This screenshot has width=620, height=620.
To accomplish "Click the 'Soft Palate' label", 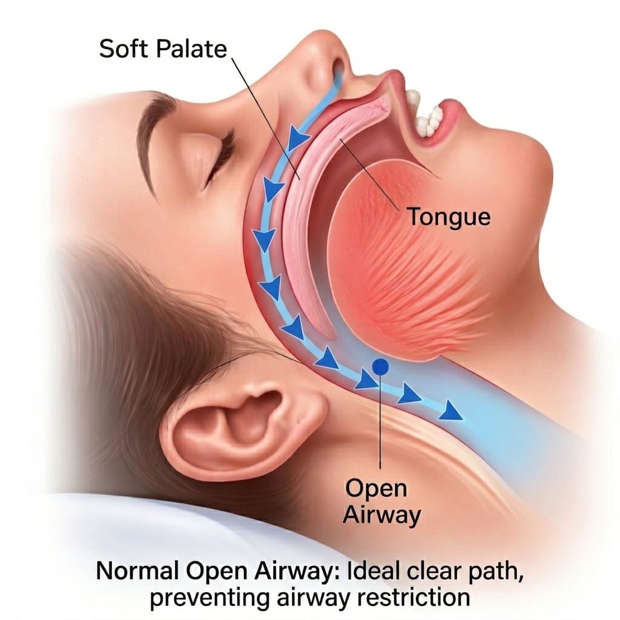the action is tap(163, 49).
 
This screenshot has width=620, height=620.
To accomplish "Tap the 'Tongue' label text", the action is tap(449, 217).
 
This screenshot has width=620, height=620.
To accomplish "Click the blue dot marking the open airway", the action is tap(380, 367).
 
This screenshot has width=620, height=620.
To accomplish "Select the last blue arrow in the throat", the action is tap(450, 410).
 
